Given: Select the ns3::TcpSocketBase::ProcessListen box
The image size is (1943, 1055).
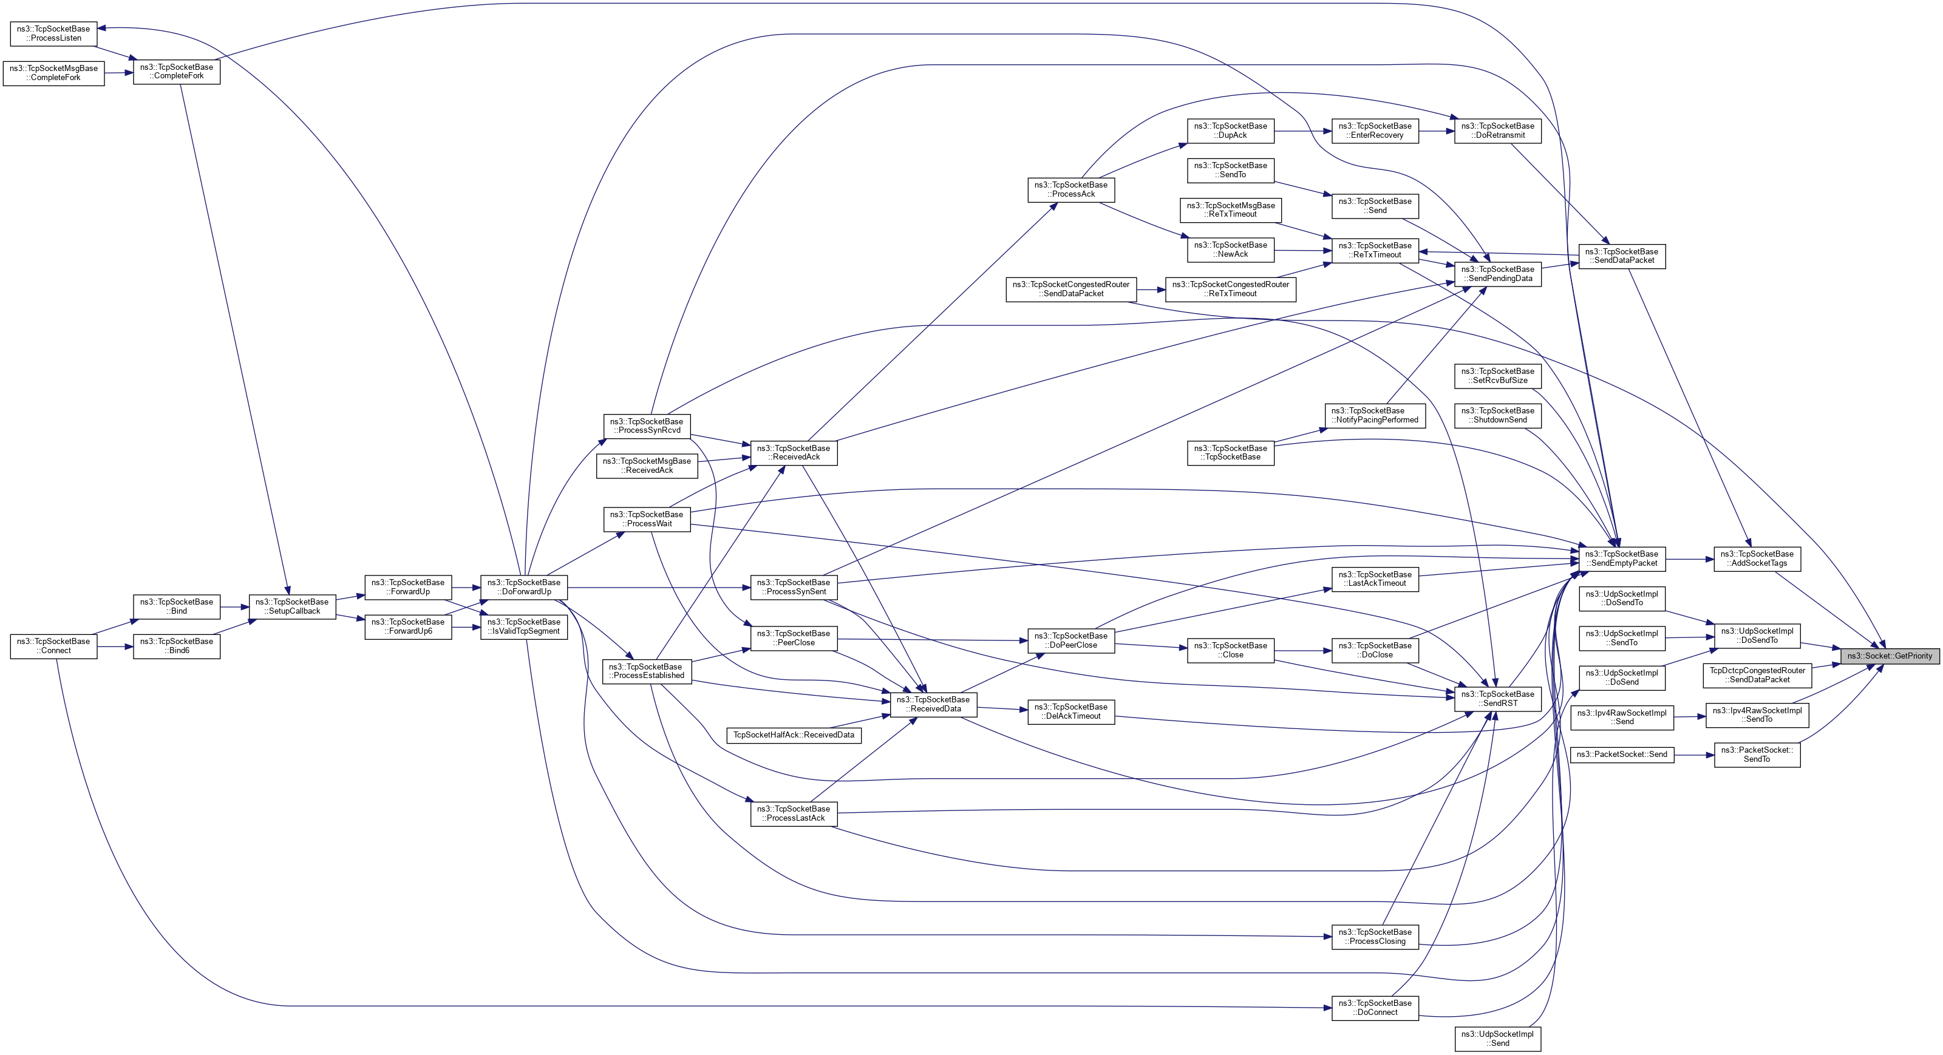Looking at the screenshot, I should point(53,33).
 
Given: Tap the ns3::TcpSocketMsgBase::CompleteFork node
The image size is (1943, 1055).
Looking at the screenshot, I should point(53,73).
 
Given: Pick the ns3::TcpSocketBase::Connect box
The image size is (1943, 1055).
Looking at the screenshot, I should point(53,646).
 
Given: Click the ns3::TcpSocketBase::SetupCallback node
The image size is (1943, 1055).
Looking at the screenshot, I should point(292,606).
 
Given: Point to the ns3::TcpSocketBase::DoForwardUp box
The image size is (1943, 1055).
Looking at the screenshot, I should point(523,587).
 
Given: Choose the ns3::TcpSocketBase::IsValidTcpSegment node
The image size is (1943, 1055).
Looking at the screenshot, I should point(523,626).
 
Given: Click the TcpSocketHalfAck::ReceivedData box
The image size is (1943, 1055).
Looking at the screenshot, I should point(794,735).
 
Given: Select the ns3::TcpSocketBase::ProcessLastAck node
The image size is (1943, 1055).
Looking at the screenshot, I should point(794,813).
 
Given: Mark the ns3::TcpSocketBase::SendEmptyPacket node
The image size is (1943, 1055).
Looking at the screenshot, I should point(1622,559).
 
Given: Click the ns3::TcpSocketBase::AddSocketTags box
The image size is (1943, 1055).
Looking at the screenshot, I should point(1757,559).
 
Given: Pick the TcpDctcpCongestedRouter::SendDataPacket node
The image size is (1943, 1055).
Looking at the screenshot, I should point(1757,675).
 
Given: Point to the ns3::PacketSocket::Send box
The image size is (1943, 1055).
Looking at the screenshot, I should point(1622,755).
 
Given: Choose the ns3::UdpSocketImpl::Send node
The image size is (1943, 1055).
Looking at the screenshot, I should point(1497,1039).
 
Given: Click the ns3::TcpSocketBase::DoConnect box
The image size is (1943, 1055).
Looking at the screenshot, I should point(1374,1008).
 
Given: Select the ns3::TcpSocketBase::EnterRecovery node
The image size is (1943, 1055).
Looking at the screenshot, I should point(1374,131).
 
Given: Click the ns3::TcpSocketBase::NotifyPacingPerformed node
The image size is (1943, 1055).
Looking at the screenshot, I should point(1374,416).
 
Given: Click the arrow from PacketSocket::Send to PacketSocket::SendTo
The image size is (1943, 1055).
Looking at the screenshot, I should point(1693,755).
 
